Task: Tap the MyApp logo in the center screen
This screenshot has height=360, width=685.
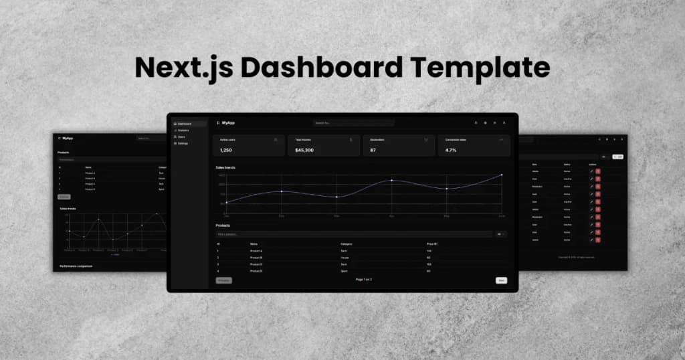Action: click(226, 123)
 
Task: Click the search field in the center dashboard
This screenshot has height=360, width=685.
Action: click(353, 123)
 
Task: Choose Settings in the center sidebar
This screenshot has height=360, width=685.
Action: click(182, 144)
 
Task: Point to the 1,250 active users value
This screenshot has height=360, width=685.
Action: click(225, 151)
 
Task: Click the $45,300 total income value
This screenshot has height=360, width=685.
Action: click(304, 151)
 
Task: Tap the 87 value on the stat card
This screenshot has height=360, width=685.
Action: click(373, 151)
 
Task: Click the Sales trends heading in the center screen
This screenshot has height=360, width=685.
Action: click(225, 167)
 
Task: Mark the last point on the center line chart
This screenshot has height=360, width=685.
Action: click(502, 175)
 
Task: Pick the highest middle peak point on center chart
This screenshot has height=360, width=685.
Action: click(392, 180)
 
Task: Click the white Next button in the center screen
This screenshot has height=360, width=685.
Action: click(501, 280)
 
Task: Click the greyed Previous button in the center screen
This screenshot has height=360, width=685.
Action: click(223, 280)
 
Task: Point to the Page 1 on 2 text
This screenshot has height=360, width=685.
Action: click(363, 279)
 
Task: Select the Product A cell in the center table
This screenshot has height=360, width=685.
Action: click(256, 250)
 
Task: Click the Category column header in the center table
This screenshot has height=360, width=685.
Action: click(347, 244)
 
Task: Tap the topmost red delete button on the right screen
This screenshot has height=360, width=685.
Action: click(598, 171)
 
